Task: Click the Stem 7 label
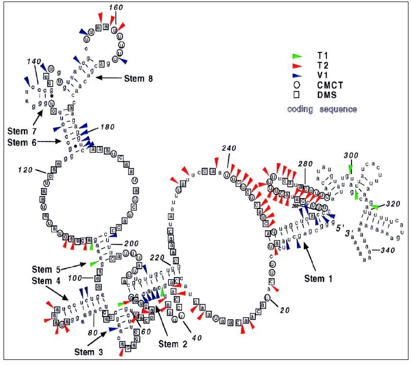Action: click(x=23, y=131)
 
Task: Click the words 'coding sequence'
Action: click(x=322, y=109)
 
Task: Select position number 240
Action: click(x=230, y=149)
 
